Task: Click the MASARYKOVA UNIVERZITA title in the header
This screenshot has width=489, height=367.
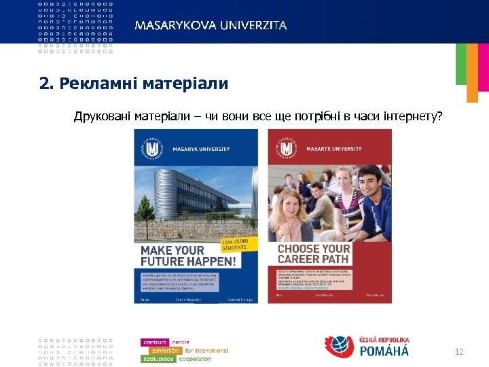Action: click(211, 25)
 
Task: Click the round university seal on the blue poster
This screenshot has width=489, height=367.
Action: click(151, 149)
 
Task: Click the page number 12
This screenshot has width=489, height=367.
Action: click(458, 351)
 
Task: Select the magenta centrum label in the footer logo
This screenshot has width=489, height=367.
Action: click(155, 342)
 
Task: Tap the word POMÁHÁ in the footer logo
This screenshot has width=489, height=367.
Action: click(384, 351)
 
